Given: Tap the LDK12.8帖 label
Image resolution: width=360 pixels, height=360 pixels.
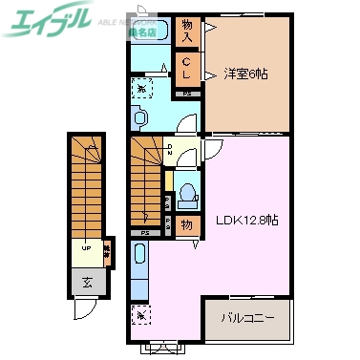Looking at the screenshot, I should tap(246, 219).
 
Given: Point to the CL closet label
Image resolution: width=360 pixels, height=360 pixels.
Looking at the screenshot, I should tap(188, 69).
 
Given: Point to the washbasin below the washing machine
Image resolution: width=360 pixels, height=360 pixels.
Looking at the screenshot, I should tap(141, 117).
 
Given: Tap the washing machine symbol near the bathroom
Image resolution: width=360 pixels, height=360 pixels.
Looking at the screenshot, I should tap(141, 88).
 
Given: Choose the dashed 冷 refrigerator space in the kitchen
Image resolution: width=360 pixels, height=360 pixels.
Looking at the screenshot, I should tap(140, 313).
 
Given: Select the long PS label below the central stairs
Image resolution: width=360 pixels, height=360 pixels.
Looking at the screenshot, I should tap(145, 232).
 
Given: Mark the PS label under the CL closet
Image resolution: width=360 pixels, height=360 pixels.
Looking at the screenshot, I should tap(188, 94).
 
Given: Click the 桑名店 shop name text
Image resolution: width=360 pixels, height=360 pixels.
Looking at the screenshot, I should tap(142, 32).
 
